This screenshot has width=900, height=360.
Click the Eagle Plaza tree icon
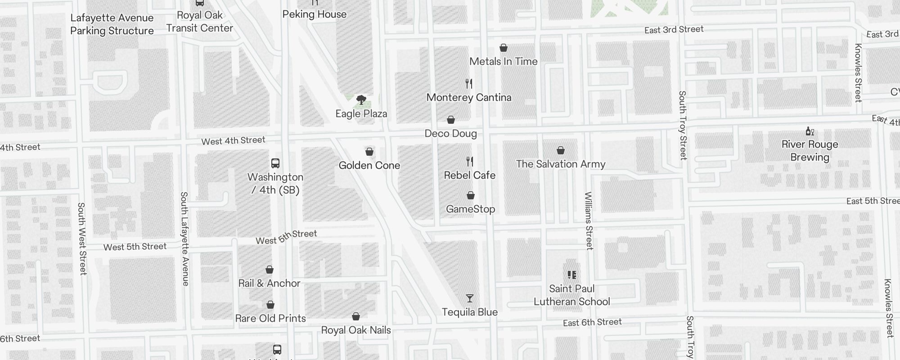[x=361, y=100]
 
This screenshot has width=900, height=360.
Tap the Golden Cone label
[x=369, y=165]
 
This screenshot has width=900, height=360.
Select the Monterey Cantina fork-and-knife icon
[x=469, y=84]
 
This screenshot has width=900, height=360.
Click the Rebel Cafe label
[x=469, y=175]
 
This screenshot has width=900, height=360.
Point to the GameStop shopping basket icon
[x=470, y=195]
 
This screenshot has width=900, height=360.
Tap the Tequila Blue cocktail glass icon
[x=469, y=298]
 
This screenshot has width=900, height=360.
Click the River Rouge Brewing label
[x=810, y=151]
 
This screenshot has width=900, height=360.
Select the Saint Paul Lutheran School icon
[x=571, y=275]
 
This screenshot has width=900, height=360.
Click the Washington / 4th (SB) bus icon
[x=275, y=163]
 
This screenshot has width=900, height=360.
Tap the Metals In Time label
[x=503, y=61]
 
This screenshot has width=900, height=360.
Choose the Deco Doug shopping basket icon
[x=450, y=120]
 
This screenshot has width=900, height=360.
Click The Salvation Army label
[x=560, y=164]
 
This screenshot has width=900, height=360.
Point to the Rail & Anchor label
[x=269, y=283]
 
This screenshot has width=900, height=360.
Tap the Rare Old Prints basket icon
[x=270, y=305]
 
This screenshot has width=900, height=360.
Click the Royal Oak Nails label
[x=355, y=330]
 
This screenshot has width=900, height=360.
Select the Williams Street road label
[x=589, y=220]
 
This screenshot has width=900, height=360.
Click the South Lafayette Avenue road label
[x=184, y=238]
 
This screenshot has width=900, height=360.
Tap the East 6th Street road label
[x=592, y=322]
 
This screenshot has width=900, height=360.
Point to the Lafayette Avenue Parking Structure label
[x=112, y=24]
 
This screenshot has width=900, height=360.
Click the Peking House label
[x=314, y=14]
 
